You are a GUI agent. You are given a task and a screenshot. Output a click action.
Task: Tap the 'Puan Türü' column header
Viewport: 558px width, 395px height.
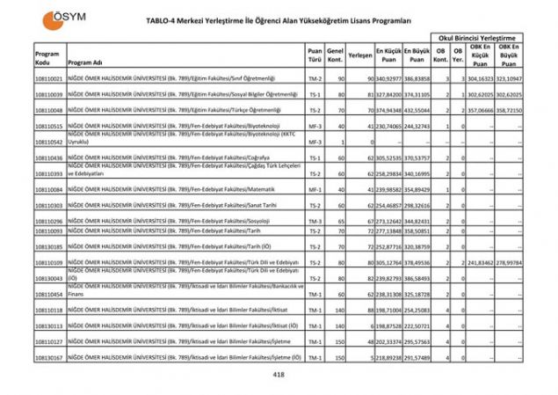(x=315, y=56)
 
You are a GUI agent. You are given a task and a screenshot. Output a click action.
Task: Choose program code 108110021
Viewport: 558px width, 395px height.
(x=49, y=79)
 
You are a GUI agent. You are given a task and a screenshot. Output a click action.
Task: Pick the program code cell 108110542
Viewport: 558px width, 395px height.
(x=49, y=142)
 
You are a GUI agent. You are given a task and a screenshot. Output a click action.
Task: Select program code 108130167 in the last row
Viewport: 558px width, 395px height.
(x=49, y=357)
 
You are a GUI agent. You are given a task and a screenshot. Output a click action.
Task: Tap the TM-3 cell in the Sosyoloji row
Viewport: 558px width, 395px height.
(x=315, y=221)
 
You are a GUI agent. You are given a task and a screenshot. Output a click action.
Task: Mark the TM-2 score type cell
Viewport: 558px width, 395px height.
(x=315, y=79)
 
